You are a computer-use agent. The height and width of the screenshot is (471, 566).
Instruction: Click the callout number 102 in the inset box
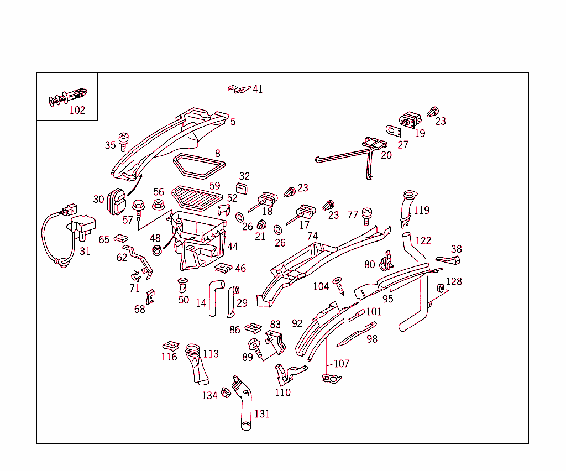(x=77, y=110)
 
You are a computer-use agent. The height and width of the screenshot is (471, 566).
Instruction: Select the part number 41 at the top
(x=258, y=89)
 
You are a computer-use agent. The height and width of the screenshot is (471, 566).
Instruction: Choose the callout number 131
(x=262, y=414)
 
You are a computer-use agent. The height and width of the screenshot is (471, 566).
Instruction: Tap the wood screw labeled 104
(x=338, y=286)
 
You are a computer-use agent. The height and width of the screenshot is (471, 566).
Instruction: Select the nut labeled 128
(x=441, y=288)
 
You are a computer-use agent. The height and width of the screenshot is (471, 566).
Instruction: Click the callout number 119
(x=421, y=210)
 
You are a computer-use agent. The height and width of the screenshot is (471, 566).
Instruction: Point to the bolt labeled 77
(x=366, y=216)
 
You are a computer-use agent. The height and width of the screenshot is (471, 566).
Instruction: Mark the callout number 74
(x=312, y=236)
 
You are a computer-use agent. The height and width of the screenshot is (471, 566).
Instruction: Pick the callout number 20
(x=386, y=155)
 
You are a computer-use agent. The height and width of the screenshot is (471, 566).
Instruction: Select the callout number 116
(x=169, y=357)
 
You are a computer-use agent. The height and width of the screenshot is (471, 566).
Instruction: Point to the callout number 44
(x=233, y=246)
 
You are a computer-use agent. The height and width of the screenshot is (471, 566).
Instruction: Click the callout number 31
(x=85, y=251)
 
